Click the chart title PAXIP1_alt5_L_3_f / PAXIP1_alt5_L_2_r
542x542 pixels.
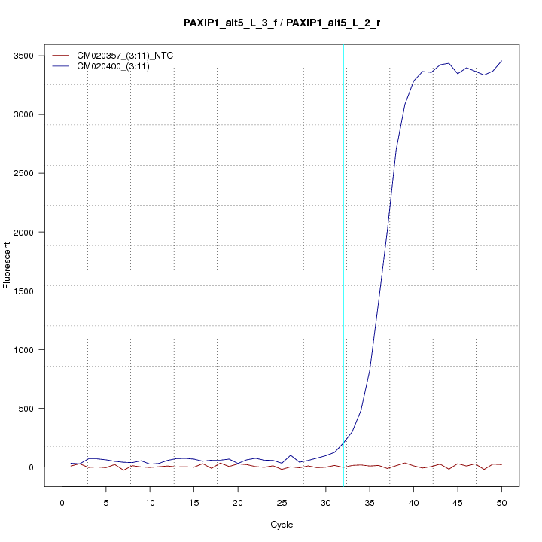click(282, 23)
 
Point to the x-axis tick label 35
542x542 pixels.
click(370, 502)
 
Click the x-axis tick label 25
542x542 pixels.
click(282, 502)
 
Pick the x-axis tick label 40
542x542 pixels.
click(413, 502)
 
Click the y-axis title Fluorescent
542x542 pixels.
click(8, 264)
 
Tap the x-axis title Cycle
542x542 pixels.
click(282, 524)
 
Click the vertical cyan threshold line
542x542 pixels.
click(343, 226)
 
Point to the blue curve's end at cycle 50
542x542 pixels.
click(501, 61)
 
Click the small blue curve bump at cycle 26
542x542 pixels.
click(291, 455)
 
